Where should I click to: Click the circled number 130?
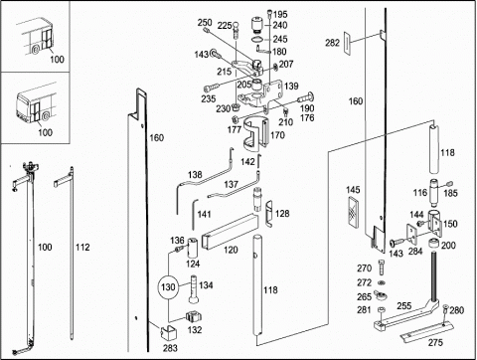[168, 286]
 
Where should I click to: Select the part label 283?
[170, 348]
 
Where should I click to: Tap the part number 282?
[332, 43]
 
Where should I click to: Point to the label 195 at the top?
[280, 15]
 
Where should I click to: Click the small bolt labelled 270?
[382, 268]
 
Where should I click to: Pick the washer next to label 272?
[382, 282]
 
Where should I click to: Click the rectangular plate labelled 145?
[354, 212]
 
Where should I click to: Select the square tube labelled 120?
[230, 232]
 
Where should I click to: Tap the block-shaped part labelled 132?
[194, 316]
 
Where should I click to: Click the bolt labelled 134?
[194, 289]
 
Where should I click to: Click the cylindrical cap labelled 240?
[256, 26]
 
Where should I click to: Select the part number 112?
[82, 247]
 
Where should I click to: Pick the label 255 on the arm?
[404, 305]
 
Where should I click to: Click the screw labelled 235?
[211, 88]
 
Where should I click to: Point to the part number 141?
[204, 214]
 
